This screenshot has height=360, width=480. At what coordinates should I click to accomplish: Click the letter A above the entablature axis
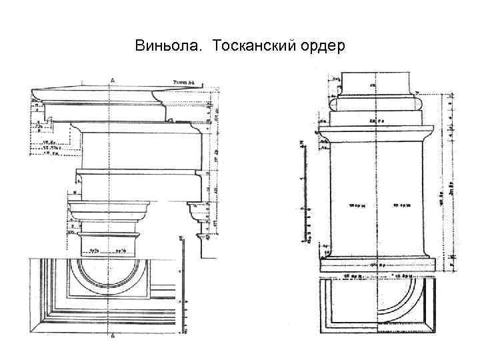pyautogui.click(x=112, y=80)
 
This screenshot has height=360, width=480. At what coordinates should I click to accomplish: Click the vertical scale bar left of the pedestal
pyautogui.click(x=303, y=193)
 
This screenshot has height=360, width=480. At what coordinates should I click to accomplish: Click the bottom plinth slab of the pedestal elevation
pyautogui.click(x=377, y=265)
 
